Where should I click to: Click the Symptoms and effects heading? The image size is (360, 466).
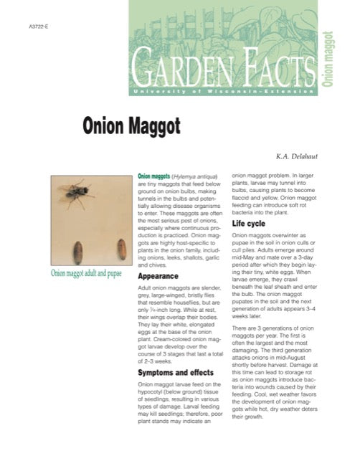pos(176,373)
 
